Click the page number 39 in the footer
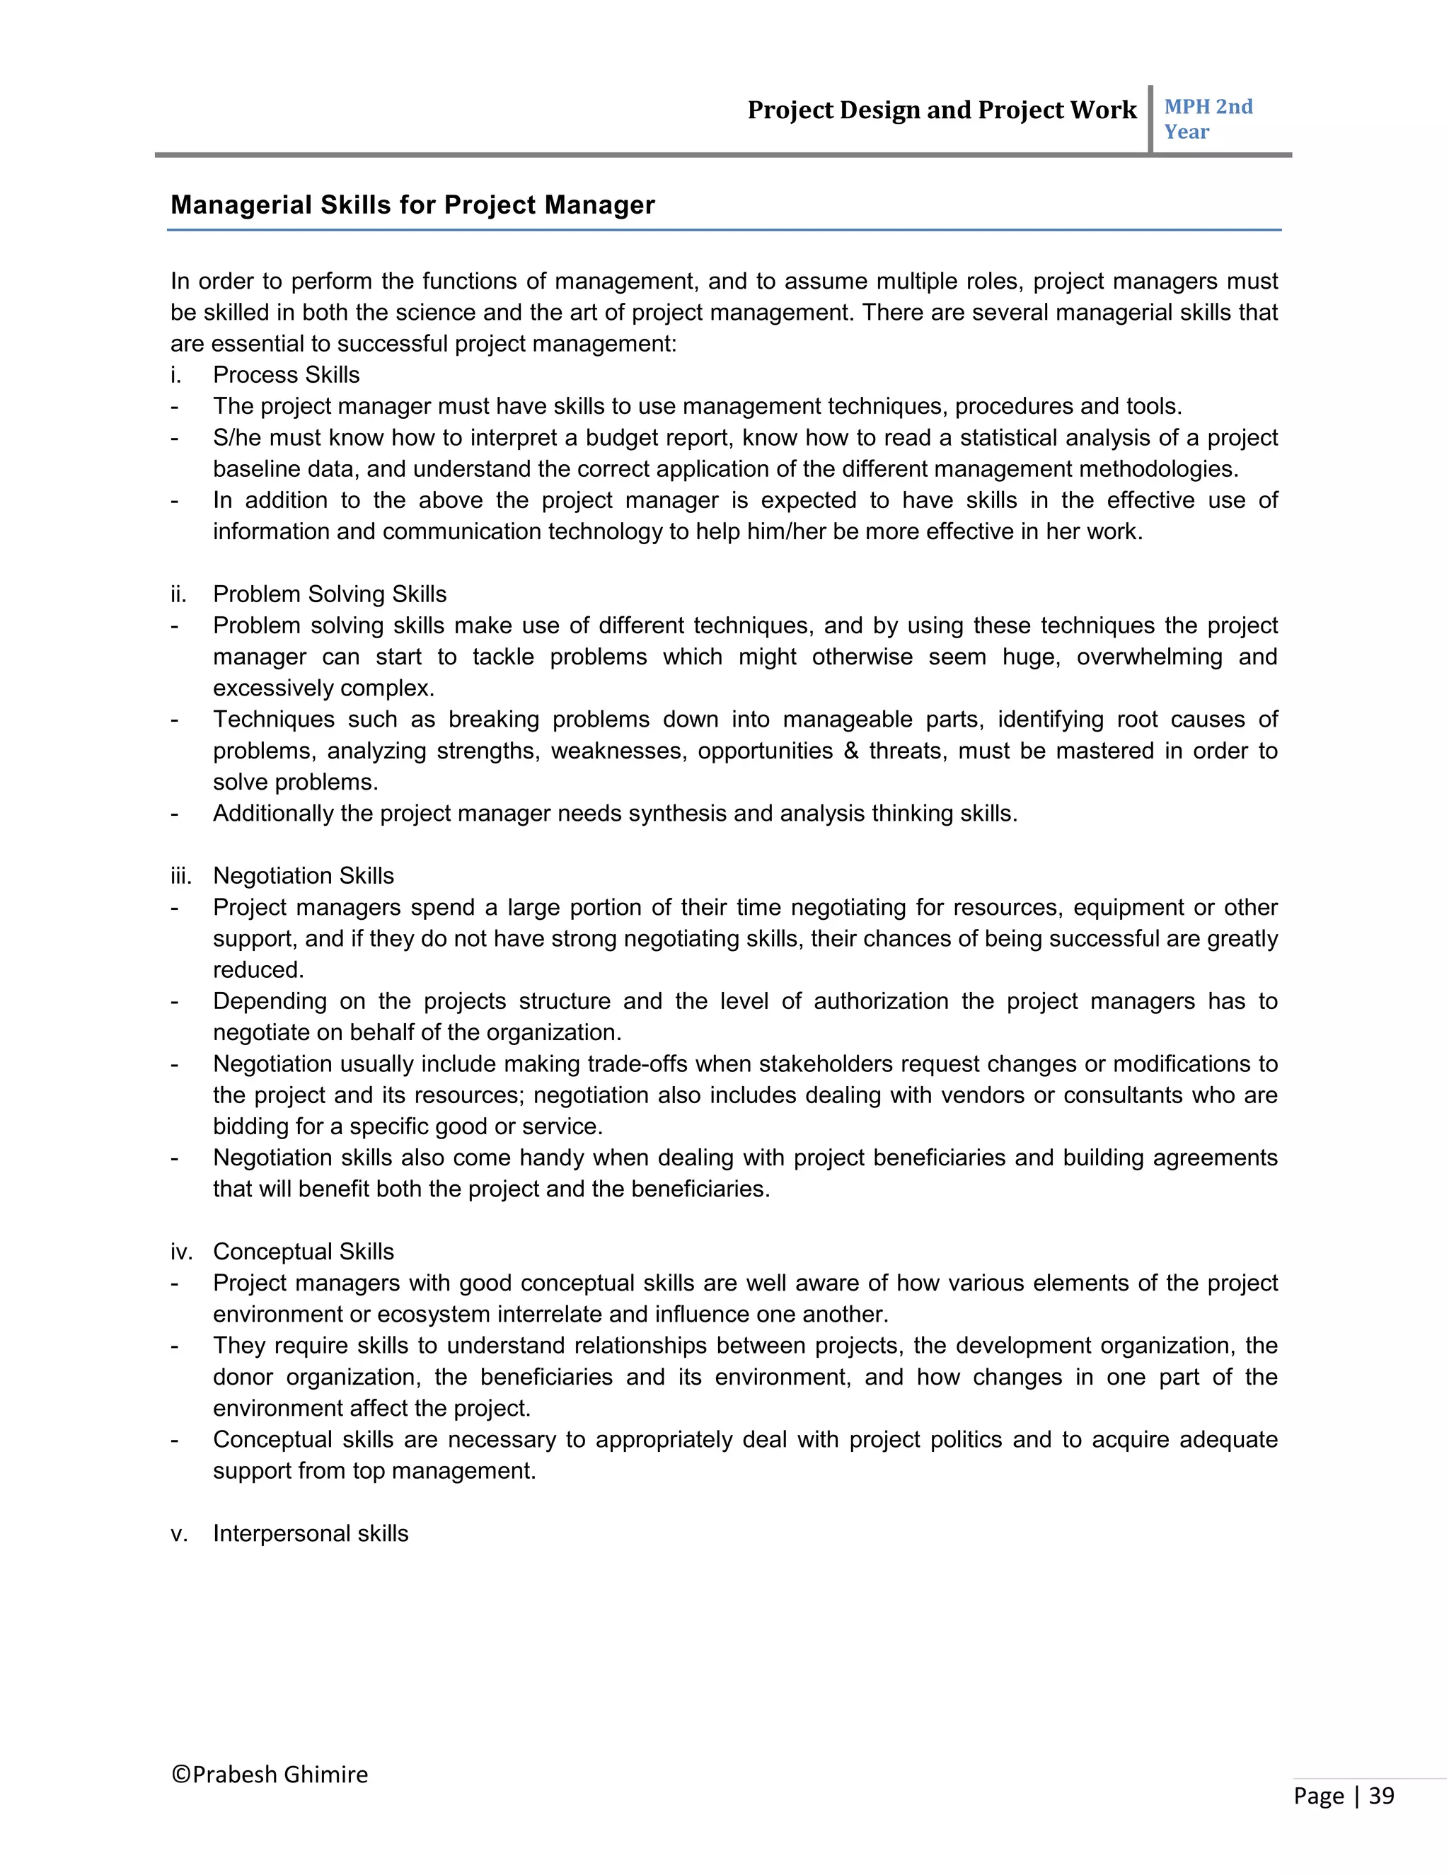click(x=1380, y=1796)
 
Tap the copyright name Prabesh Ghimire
click(x=270, y=1775)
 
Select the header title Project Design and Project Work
click(x=941, y=110)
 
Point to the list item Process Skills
click(x=286, y=375)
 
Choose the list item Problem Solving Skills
click(x=330, y=594)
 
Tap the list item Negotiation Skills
click(x=303, y=876)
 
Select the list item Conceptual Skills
click(x=303, y=1252)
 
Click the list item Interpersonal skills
click(x=310, y=1533)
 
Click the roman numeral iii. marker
click(x=180, y=876)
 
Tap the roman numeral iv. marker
click(x=180, y=1252)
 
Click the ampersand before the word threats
click(x=850, y=751)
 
